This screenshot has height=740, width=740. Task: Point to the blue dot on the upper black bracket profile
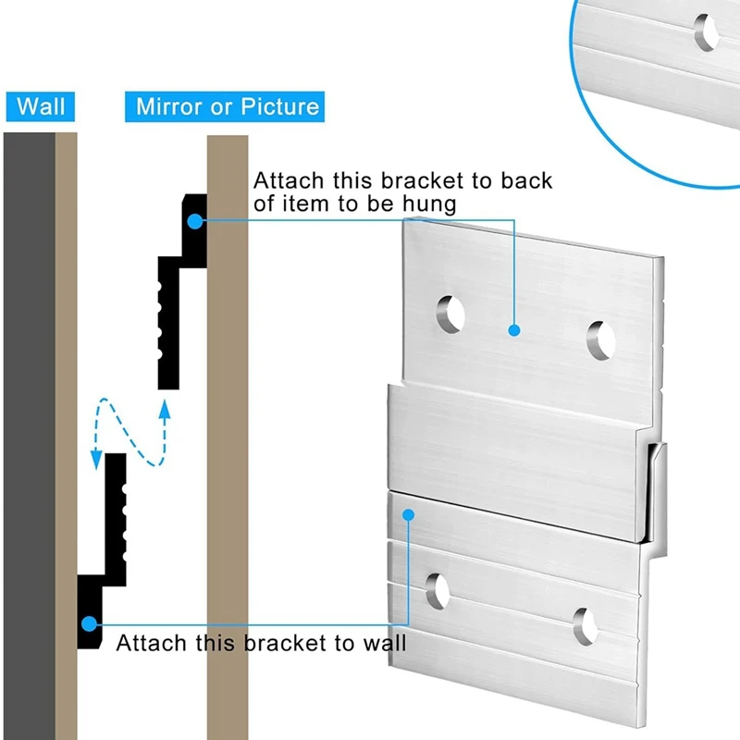(194, 220)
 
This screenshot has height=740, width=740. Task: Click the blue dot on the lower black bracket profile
(89, 623)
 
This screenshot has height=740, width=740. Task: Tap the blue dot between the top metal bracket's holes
(513, 329)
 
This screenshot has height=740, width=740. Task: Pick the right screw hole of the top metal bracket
(601, 340)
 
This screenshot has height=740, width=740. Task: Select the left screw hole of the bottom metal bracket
(438, 591)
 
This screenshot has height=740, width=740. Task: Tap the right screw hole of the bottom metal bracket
(585, 626)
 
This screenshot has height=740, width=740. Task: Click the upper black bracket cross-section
(171, 305)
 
